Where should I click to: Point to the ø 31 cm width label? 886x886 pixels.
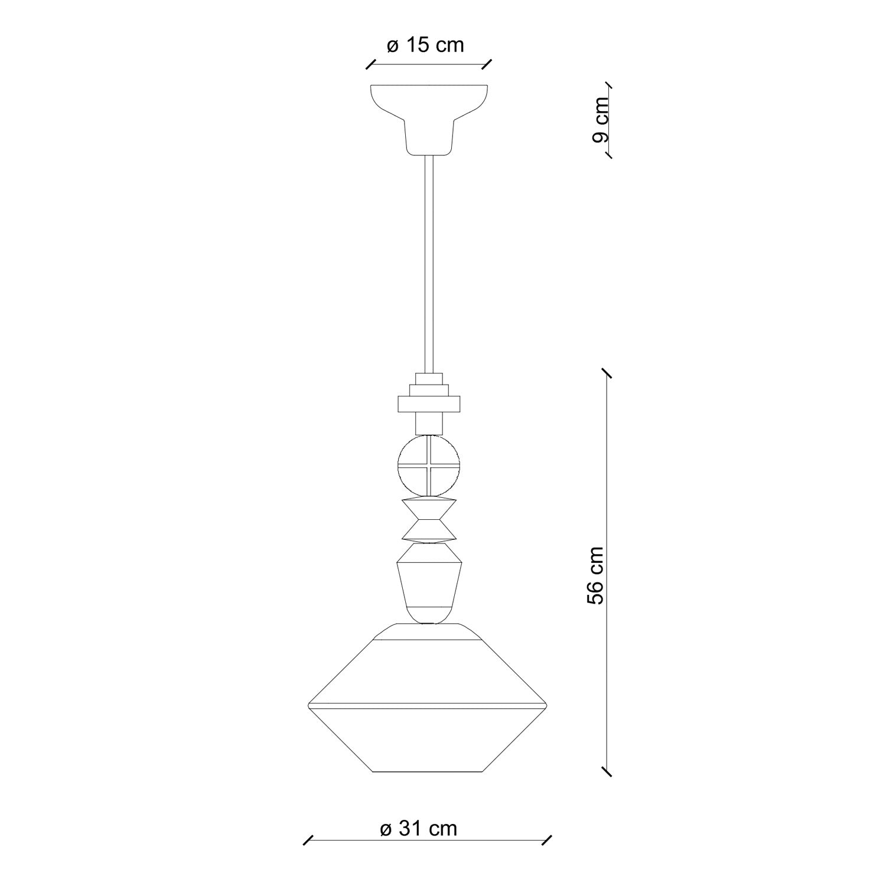[419, 829]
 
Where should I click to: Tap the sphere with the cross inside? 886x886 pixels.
[429, 464]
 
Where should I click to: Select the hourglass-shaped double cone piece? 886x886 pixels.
[429, 520]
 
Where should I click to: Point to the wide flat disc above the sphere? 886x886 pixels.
[429, 405]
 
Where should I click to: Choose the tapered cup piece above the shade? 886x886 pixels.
[429, 585]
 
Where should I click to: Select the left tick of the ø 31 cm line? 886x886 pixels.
[308, 841]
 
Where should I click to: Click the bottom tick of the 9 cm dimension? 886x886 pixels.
[607, 155]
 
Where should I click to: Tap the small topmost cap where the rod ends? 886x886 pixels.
[429, 379]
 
